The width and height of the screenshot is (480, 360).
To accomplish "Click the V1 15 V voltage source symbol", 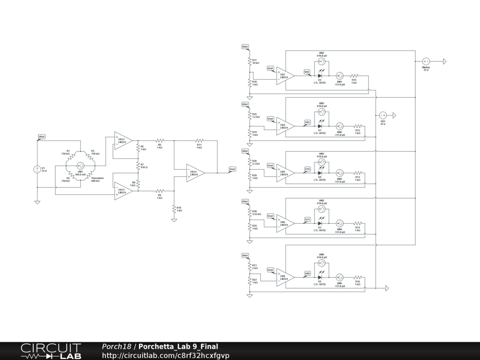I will click(37, 169).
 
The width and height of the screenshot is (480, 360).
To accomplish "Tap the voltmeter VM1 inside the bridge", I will click(81, 165).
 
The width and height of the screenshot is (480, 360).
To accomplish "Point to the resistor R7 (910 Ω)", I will click(138, 165).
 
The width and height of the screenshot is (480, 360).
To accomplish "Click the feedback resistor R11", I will click(199, 140).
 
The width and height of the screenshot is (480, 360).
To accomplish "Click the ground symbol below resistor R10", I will click(174, 219).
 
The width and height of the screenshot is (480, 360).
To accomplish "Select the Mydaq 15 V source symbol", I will click(426, 61).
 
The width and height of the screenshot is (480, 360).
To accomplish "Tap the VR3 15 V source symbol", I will click(382, 115).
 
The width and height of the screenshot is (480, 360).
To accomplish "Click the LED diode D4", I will click(320, 75).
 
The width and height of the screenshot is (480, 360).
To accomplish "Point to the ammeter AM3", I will click(340, 172).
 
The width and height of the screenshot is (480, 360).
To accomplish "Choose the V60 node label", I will click(307, 72).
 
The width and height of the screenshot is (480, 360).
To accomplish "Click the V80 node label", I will click(307, 273).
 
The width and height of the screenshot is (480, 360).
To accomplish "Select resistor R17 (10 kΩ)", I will click(250, 61).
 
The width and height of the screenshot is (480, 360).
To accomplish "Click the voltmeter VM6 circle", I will click(322, 263).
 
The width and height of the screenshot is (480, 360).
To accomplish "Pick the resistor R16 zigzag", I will click(358, 277).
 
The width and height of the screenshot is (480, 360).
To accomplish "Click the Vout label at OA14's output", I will click(232, 169).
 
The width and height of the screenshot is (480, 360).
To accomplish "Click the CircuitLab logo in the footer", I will click(50, 351).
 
